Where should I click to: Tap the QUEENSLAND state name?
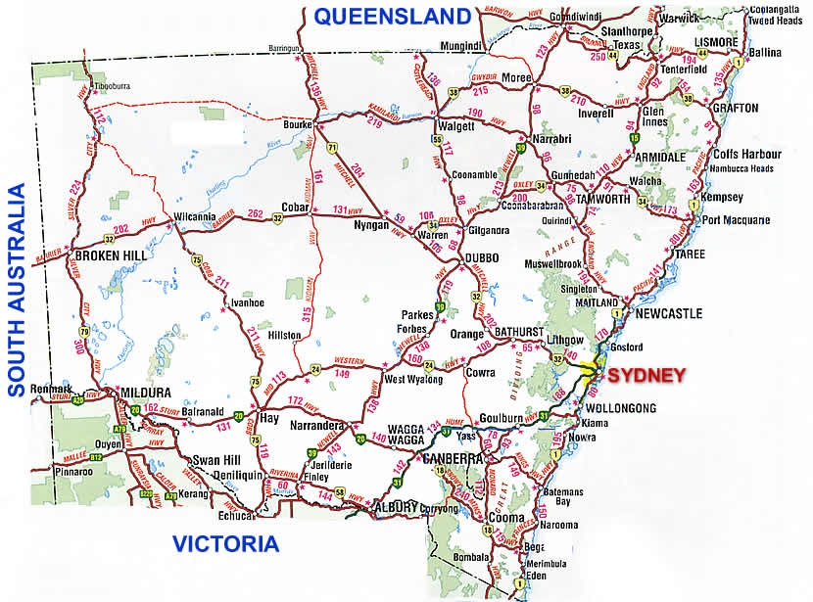click(393, 16)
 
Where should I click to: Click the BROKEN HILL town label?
click(109, 256)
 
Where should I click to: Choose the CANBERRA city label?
click(453, 458)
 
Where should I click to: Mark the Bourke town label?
click(295, 126)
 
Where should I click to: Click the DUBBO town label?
click(481, 257)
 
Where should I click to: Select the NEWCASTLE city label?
click(669, 314)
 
